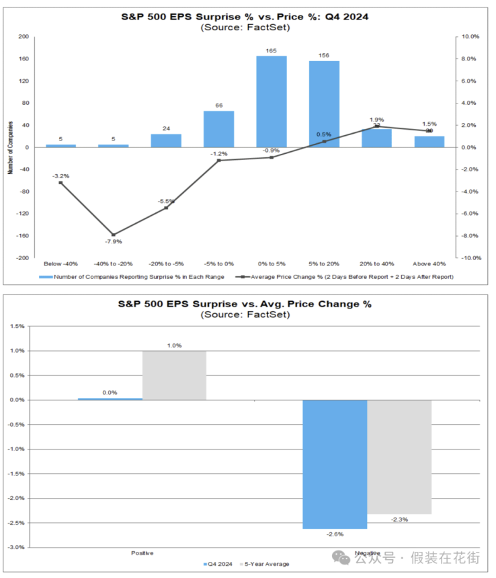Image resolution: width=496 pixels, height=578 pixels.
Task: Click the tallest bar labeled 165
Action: [271, 101]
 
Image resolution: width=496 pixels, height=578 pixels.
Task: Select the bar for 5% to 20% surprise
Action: [324, 104]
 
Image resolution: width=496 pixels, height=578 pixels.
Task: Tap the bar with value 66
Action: [218, 129]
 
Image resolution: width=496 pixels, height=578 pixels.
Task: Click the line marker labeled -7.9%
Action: [114, 235]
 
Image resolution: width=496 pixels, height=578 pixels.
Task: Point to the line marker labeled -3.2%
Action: [60, 183]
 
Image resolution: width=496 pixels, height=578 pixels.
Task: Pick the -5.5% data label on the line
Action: [166, 201]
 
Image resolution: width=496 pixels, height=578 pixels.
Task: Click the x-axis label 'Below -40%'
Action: [60, 263]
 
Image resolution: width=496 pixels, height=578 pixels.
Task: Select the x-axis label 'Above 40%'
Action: [429, 263]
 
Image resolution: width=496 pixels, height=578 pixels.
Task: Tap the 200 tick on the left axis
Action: [23, 37]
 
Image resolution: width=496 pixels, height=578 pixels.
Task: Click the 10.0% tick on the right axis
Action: [470, 37]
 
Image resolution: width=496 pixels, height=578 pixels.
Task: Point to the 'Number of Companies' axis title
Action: [11, 147]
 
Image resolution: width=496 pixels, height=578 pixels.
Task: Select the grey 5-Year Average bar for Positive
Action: [174, 375]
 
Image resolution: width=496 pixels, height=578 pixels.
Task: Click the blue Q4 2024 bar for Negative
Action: [335, 464]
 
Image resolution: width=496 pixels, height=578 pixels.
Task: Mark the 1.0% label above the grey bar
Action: [174, 345]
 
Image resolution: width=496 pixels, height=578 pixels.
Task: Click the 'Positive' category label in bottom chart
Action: [142, 553]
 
